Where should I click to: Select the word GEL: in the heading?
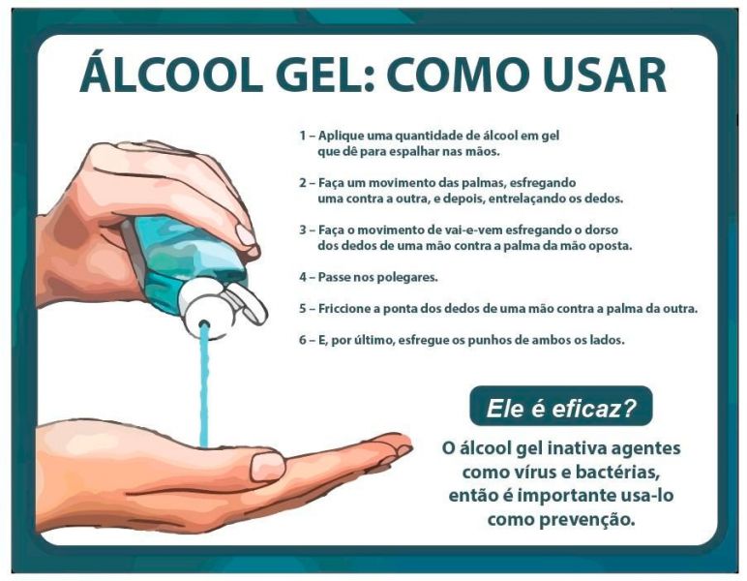coord(323,75)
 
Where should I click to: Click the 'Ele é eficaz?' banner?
coord(560,406)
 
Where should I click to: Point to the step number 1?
coord(302,136)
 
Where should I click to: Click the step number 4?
coord(303,277)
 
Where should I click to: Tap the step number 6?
coord(303,340)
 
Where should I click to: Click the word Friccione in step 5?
coord(343,308)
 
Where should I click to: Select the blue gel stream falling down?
coord(204,385)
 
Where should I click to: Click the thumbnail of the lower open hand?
coord(268,466)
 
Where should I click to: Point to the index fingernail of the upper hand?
coord(246,234)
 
